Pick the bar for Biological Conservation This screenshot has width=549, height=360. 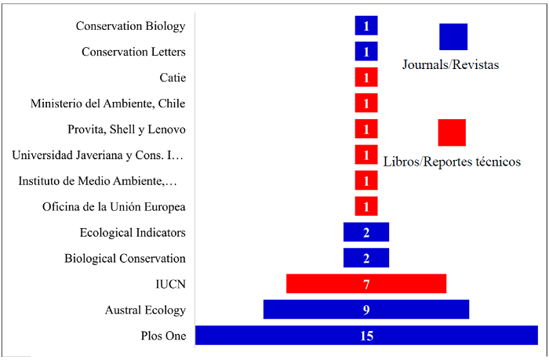(x=366, y=258)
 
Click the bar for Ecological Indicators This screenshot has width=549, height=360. (x=366, y=232)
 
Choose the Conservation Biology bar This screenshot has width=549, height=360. (x=366, y=26)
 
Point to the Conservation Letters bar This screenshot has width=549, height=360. (x=366, y=52)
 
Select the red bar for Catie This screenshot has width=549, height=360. (x=366, y=78)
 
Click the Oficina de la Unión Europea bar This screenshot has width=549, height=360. (x=366, y=206)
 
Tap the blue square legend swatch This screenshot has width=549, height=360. (x=453, y=37)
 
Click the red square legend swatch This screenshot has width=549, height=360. (x=452, y=133)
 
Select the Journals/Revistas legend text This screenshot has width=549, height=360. (x=451, y=65)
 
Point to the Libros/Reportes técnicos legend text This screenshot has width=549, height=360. (x=452, y=162)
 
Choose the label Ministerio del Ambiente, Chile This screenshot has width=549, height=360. (x=108, y=103)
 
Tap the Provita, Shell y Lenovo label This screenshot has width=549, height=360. (x=127, y=129)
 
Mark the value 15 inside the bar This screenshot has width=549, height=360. (x=366, y=336)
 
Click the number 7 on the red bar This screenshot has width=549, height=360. (x=366, y=284)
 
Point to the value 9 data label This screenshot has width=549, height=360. (x=366, y=310)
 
